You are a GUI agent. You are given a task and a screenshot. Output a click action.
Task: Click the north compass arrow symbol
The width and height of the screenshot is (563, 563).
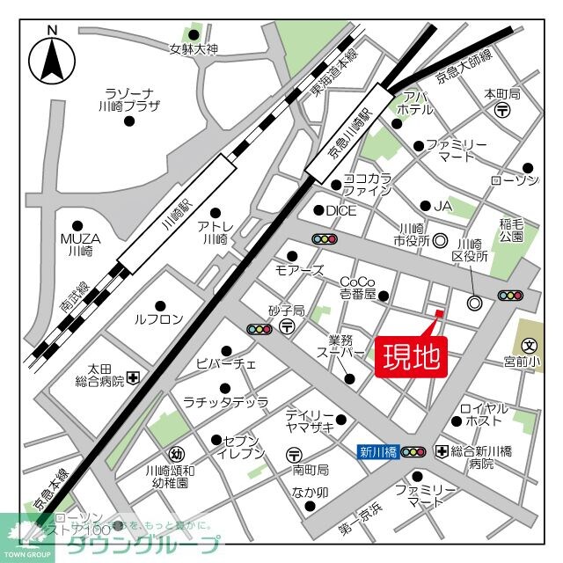pyautogui.click(x=52, y=62)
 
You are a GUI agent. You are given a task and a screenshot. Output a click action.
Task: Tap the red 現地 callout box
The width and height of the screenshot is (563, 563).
pyautogui.click(x=412, y=357)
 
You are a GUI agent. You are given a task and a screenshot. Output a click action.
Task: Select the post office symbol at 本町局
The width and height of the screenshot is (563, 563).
pyautogui.click(x=502, y=110)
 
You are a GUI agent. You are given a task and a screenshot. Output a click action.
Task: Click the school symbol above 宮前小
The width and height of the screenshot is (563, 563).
pyautogui.click(x=529, y=346)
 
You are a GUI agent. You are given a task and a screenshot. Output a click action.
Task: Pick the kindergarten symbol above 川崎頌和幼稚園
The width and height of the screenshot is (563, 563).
pyautogui.click(x=178, y=454)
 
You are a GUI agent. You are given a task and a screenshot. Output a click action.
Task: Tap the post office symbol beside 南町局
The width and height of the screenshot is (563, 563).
pyautogui.click(x=293, y=454)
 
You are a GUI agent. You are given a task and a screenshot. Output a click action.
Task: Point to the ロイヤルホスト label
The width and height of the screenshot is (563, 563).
pyautogui.click(x=484, y=414)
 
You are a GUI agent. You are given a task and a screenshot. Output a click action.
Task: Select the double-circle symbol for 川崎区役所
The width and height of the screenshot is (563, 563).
pyautogui.click(x=475, y=303)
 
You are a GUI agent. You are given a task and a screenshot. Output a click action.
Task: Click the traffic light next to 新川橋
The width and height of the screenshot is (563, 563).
pyautogui.click(x=413, y=452)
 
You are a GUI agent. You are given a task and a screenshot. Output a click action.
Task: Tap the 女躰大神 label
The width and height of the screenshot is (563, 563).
pyautogui.click(x=194, y=49)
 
